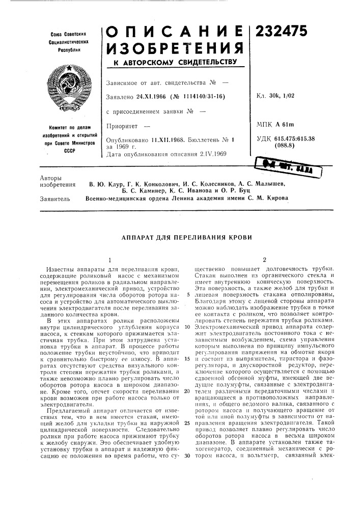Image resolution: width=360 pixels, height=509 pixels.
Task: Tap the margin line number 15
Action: click(x=188, y=359)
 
